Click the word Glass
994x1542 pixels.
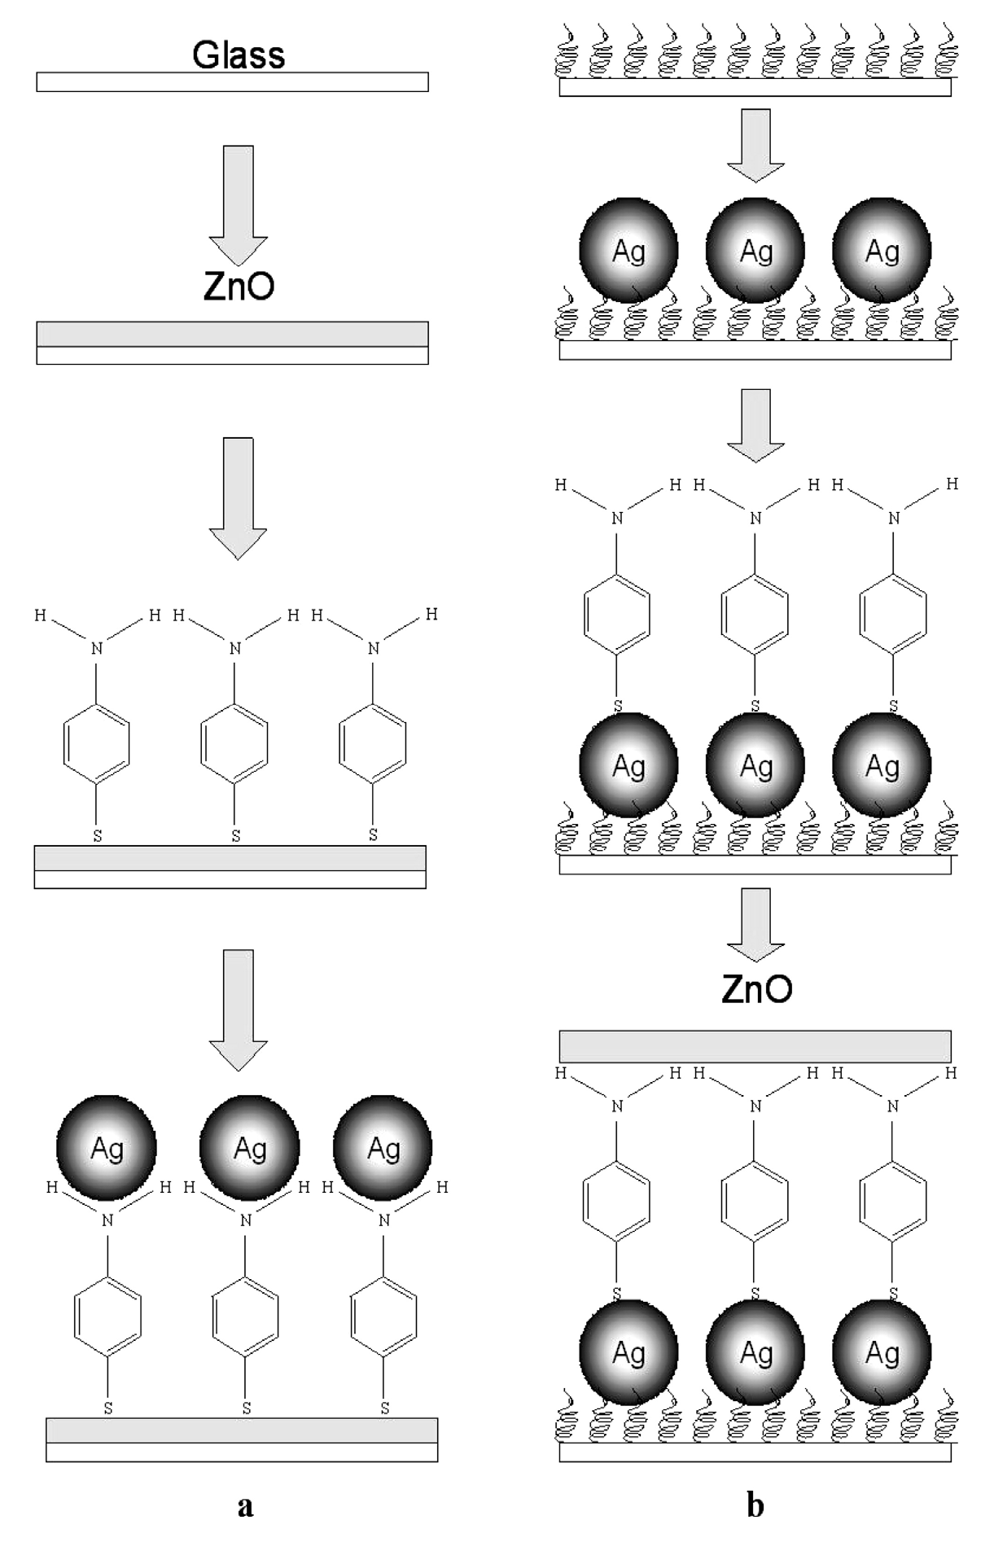(x=239, y=55)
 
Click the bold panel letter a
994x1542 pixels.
(x=245, y=1505)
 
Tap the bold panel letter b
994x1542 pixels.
(x=755, y=1505)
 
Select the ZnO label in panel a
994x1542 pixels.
(x=239, y=287)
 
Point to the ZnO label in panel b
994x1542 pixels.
(x=756, y=988)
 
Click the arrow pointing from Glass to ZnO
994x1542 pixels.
(x=239, y=204)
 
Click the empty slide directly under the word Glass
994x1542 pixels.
(x=232, y=82)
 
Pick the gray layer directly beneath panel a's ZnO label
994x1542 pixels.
(x=232, y=335)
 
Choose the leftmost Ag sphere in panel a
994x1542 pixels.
(x=106, y=1148)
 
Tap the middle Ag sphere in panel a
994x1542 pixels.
(x=249, y=1148)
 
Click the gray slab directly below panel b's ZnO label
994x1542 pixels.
(x=755, y=1046)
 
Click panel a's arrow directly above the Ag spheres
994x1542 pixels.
(x=239, y=1008)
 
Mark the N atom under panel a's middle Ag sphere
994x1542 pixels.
(x=246, y=1220)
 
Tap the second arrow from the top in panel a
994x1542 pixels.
(x=239, y=497)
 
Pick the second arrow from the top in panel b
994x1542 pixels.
(x=755, y=424)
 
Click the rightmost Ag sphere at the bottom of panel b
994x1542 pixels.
(x=882, y=1354)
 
